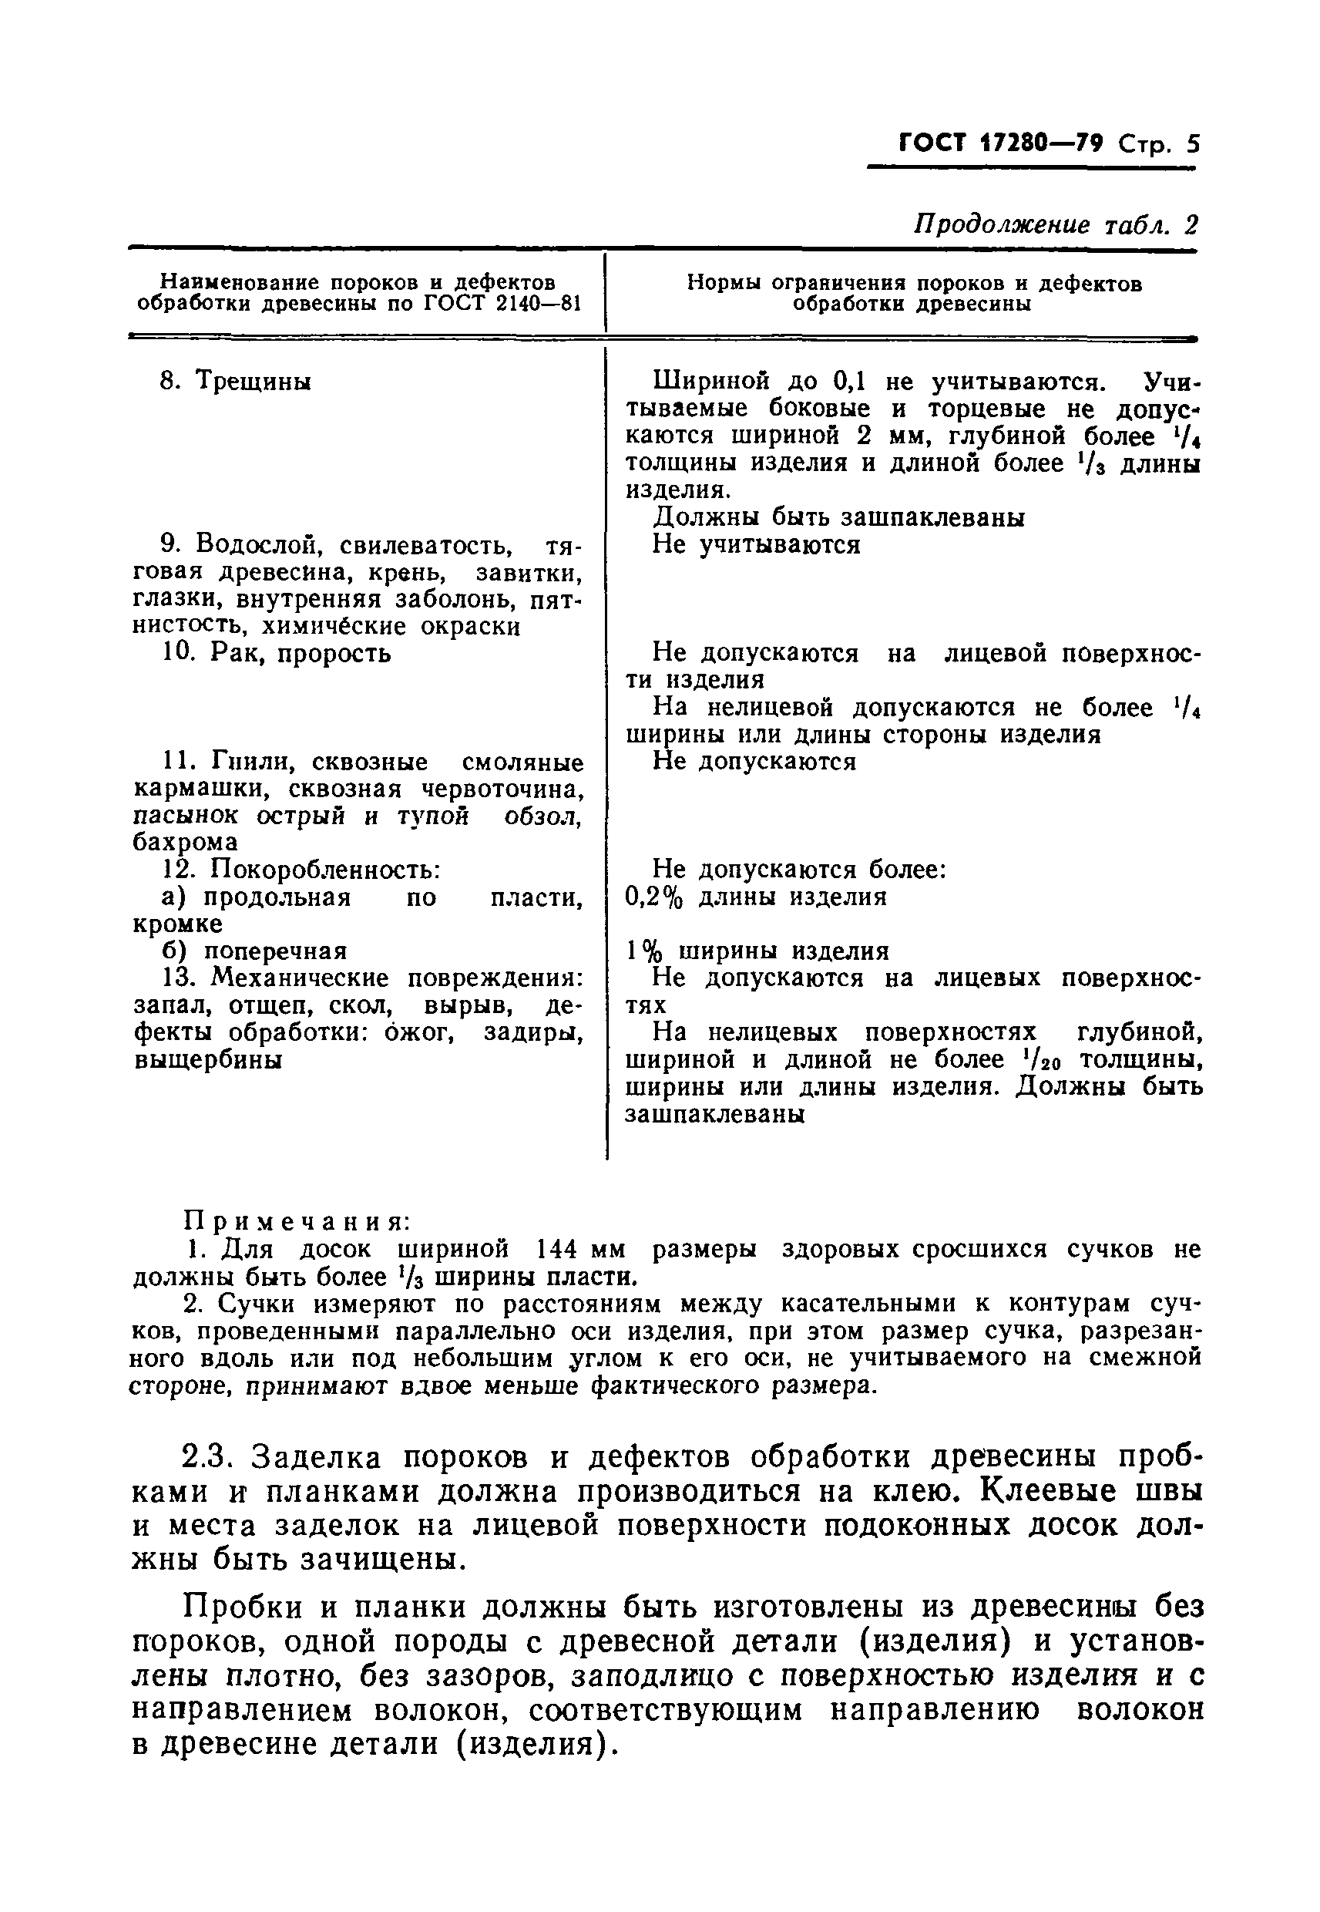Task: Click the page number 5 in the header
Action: coord(1192,145)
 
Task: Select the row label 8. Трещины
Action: coord(235,382)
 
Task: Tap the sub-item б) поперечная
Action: coord(253,951)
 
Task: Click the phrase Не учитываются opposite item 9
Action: coord(756,544)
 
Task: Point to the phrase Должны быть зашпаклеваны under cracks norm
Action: coord(838,517)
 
